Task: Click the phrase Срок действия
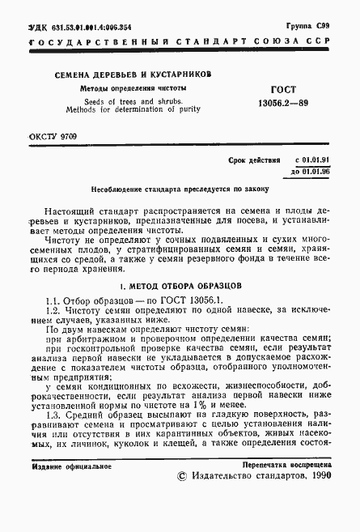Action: [x=255, y=161]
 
